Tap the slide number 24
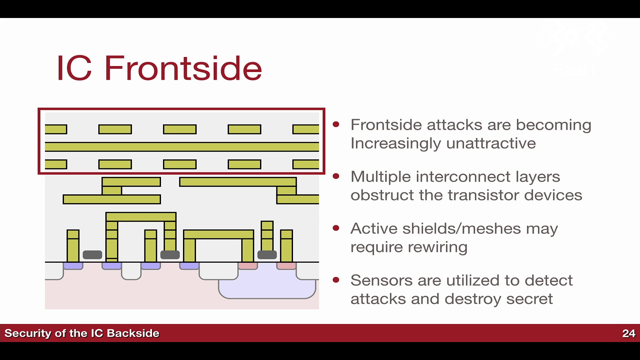click(x=629, y=333)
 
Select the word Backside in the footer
click(x=133, y=333)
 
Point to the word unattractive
click(x=491, y=143)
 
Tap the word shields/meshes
click(x=461, y=229)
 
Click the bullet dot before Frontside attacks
click(x=336, y=124)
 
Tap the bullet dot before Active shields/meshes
click(x=336, y=228)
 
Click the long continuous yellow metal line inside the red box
click(x=182, y=147)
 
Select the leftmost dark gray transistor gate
click(x=92, y=255)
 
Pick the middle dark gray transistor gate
click(x=170, y=255)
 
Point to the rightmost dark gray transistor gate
click(x=267, y=255)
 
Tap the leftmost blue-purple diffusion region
click(x=73, y=266)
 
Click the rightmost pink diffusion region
click(x=286, y=266)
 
